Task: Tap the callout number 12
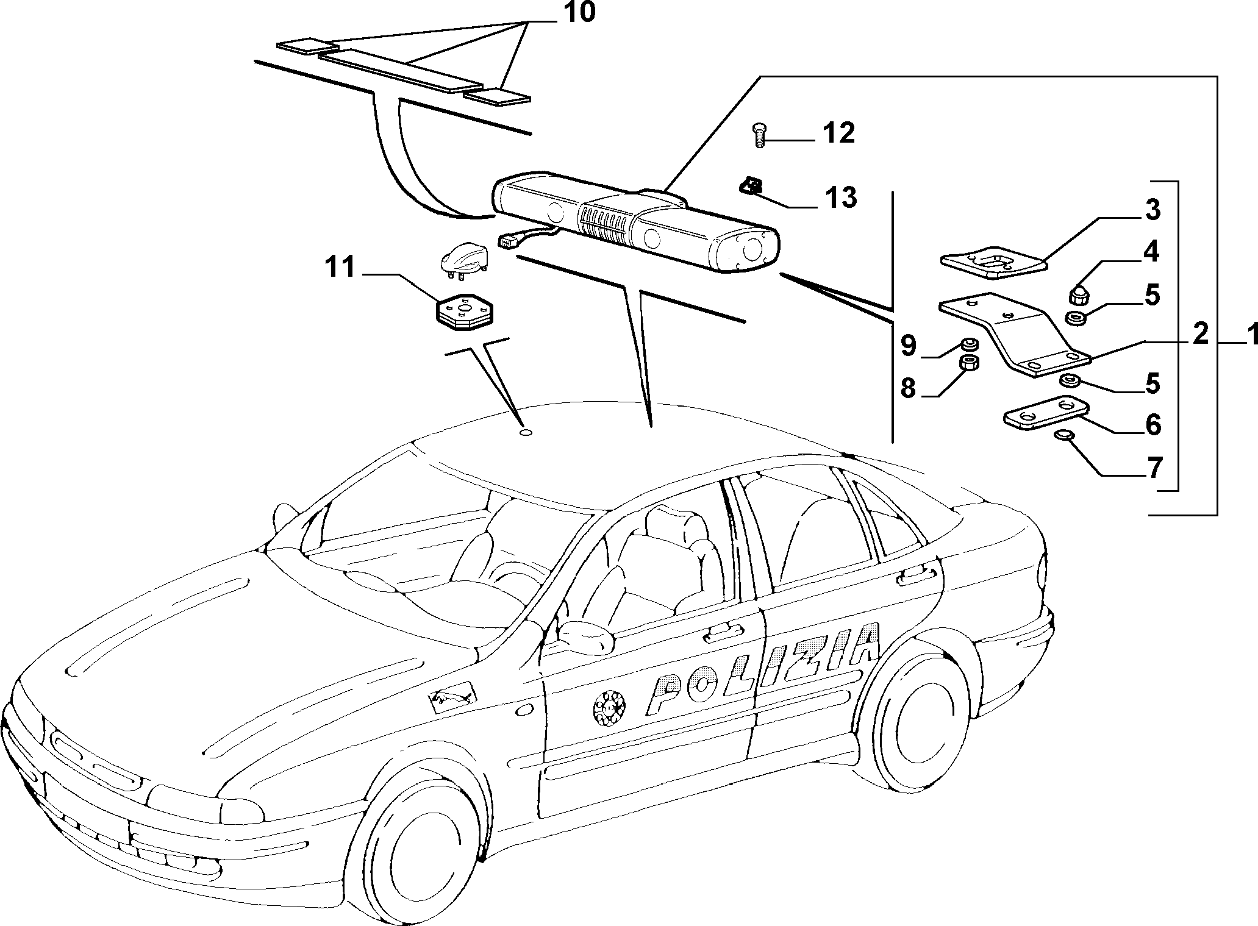(838, 134)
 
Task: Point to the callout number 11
(341, 268)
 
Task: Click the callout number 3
(1151, 210)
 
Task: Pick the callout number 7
(1153, 469)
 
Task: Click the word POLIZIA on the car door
(763, 668)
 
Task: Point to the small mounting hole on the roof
(525, 433)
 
